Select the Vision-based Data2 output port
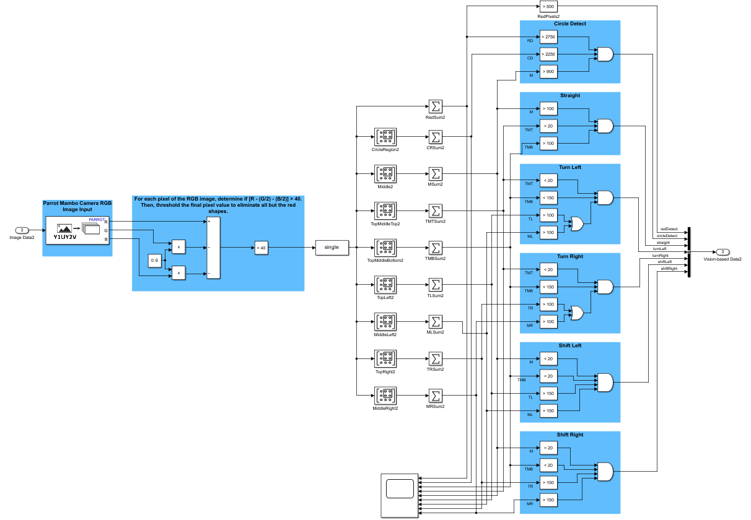[x=722, y=252]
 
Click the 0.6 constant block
[x=155, y=261]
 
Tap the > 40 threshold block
[x=261, y=248]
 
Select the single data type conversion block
[x=332, y=247]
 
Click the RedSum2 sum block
[x=435, y=106]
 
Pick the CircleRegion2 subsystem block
[x=385, y=136]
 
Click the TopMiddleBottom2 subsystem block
[x=385, y=248]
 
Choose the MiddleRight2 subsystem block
[x=385, y=396]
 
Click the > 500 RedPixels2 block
[x=548, y=6]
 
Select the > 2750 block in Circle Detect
[x=548, y=37]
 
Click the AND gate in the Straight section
[x=604, y=126]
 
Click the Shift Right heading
[x=569, y=435]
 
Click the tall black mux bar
[x=689, y=251]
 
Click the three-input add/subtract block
[x=213, y=248]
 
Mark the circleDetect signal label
[x=667, y=236]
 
